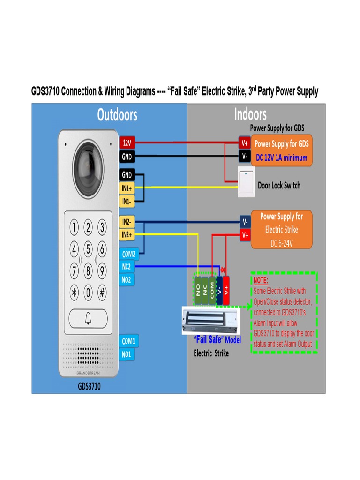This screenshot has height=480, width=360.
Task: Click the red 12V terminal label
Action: [x=127, y=142]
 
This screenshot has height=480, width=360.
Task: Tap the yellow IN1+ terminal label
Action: [x=127, y=188]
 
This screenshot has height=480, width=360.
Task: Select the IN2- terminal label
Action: [x=127, y=221]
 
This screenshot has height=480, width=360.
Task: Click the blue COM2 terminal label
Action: [x=128, y=254]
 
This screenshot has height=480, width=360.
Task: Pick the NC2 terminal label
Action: [x=127, y=267]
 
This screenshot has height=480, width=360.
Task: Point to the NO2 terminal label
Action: [x=127, y=280]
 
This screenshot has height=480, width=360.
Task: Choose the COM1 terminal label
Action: [x=128, y=341]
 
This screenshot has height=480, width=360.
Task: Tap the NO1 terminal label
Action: [x=127, y=354]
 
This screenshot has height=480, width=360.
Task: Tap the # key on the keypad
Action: [x=102, y=292]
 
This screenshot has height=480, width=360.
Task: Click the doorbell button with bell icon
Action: [x=88, y=319]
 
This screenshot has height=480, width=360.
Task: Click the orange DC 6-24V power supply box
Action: [x=281, y=230]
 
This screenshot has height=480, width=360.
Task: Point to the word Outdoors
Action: [x=117, y=115]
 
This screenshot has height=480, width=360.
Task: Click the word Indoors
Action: [x=250, y=114]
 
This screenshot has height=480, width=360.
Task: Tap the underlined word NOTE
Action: [x=261, y=280]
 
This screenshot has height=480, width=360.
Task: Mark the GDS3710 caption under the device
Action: [x=89, y=387]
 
